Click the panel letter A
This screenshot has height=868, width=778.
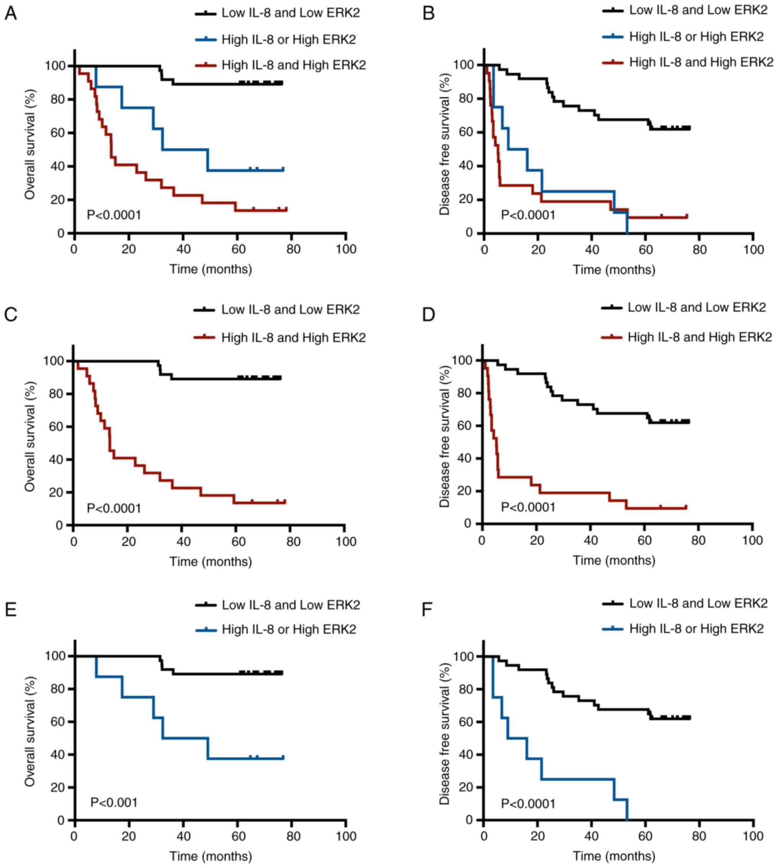point(10,14)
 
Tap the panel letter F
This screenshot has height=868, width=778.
point(427,610)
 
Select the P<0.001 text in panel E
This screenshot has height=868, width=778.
point(114,802)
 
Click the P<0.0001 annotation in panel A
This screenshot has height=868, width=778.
point(114,215)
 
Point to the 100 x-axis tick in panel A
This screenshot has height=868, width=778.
point(346,249)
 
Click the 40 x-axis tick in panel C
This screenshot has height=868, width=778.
point(183,542)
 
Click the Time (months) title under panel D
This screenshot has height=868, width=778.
point(614,560)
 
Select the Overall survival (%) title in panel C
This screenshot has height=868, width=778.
point(29,436)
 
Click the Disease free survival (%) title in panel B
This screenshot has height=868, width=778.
point(445,144)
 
